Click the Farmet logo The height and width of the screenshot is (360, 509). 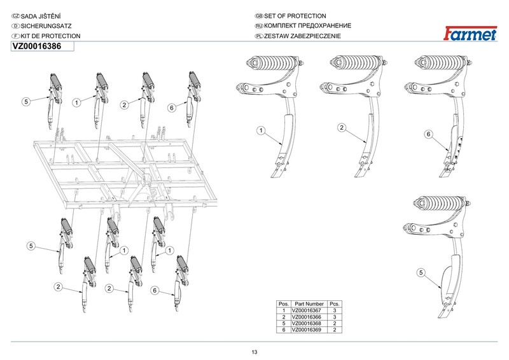[470, 34]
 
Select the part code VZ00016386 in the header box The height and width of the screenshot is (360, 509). [37, 46]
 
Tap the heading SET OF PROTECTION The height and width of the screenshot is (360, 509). [295, 16]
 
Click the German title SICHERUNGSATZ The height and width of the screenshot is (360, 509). [46, 26]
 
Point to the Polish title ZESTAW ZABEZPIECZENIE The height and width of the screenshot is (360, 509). [303, 36]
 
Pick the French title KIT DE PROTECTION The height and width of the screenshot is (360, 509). [51, 36]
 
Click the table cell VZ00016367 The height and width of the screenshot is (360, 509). [307, 310]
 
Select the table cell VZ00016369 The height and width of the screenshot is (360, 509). [307, 330]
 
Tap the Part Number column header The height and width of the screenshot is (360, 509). [309, 304]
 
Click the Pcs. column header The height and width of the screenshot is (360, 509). [335, 304]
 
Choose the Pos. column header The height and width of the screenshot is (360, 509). [284, 304]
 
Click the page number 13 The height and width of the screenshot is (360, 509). [254, 352]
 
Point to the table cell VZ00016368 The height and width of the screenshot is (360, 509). [307, 323]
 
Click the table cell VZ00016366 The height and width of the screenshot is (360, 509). [307, 317]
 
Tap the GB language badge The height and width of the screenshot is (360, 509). [259, 16]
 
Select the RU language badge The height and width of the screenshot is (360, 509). [259, 26]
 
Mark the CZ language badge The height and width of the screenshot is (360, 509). [15, 17]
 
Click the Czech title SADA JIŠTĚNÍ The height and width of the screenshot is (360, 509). [41, 17]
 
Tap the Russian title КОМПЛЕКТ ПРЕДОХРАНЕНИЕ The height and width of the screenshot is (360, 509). [308, 26]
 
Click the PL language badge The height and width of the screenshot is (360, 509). [259, 36]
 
